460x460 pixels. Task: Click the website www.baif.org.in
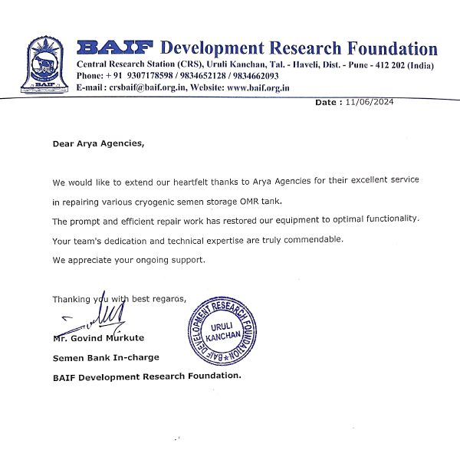(x=258, y=88)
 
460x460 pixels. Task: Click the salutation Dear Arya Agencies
(x=97, y=143)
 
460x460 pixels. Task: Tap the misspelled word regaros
(x=168, y=299)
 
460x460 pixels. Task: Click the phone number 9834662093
(x=252, y=77)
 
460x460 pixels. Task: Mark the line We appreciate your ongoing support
(x=129, y=260)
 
